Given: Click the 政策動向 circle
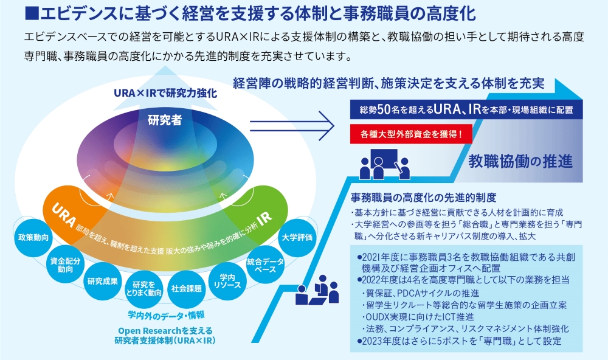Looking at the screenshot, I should [33, 237].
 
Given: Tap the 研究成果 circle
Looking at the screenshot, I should [102, 281].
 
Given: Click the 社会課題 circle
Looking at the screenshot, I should [186, 288].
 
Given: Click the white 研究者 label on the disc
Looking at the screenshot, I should [165, 120].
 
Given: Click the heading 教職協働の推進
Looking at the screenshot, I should [520, 161].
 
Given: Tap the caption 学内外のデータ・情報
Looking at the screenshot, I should [165, 314].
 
